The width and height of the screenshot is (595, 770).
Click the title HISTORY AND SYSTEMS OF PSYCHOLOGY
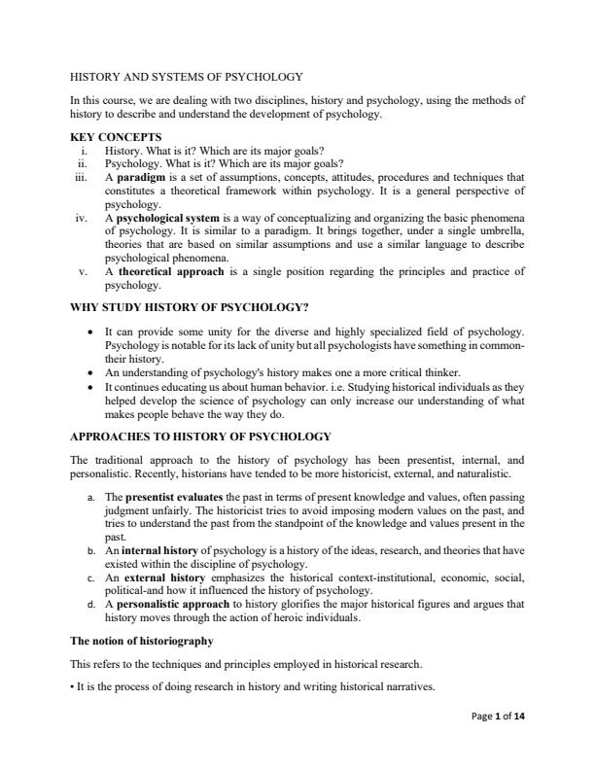188,76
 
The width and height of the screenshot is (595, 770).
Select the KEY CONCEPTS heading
117,136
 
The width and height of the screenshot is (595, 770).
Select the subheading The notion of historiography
142,641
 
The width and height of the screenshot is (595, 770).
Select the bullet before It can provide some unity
90,332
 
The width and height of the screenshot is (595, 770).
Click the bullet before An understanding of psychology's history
90,373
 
